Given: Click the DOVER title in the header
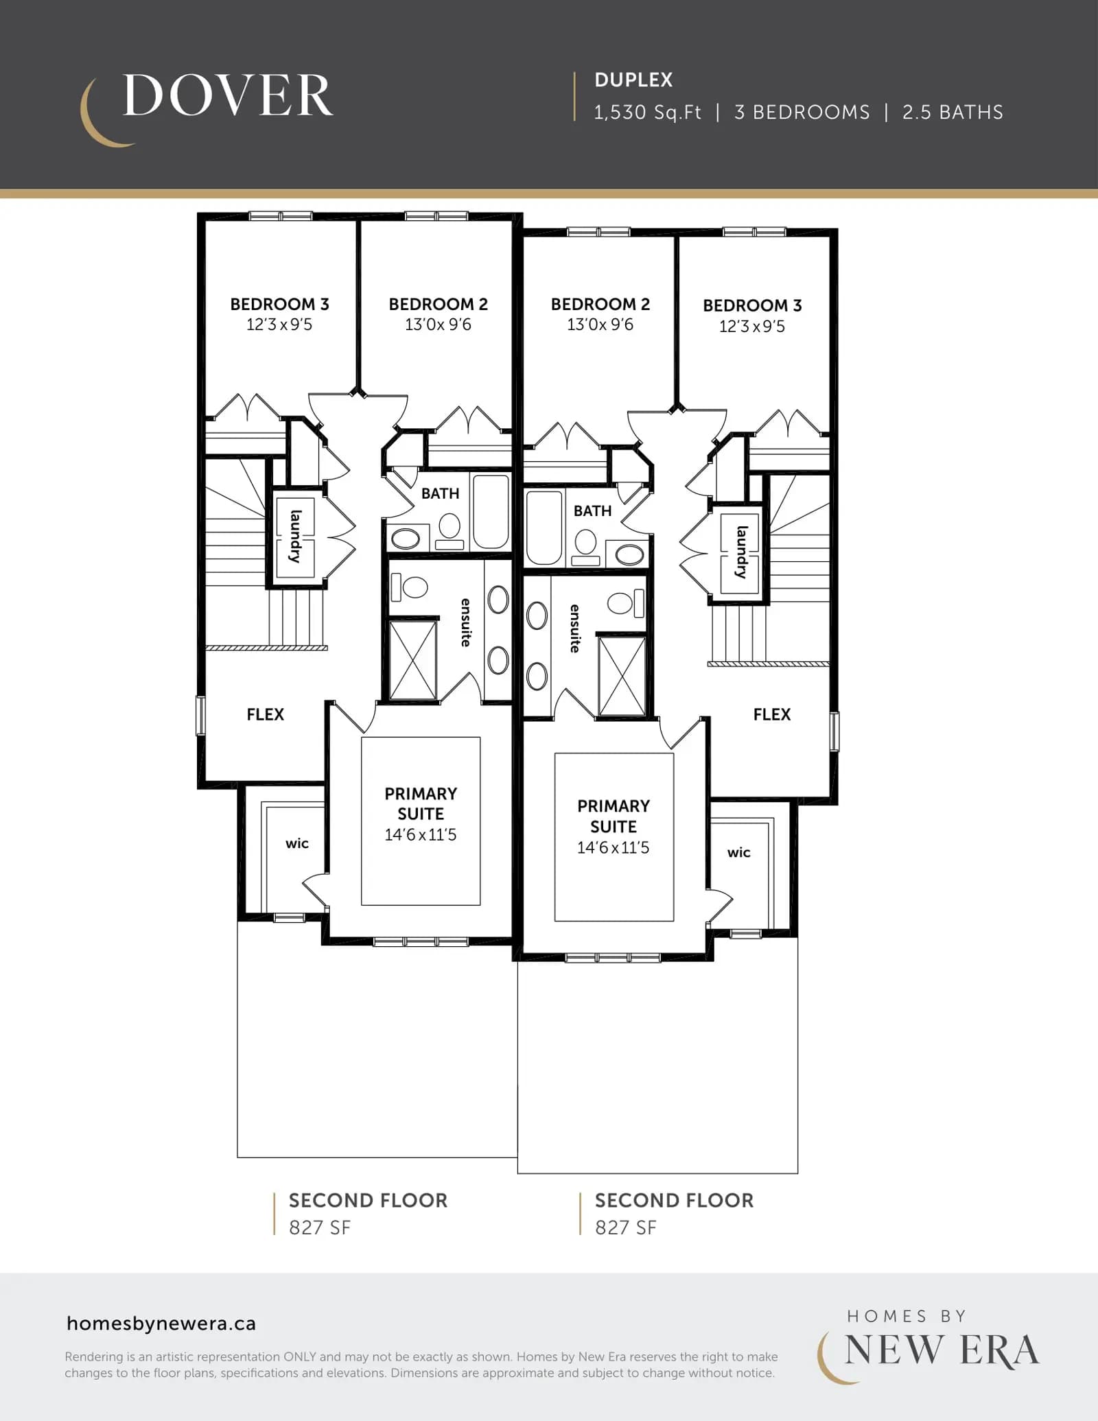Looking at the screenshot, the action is (228, 95).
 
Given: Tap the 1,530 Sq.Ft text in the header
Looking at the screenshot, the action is (647, 113).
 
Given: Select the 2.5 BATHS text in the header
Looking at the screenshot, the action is (953, 113).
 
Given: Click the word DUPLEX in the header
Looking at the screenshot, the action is (633, 80).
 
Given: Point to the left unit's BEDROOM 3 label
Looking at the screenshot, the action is (279, 304).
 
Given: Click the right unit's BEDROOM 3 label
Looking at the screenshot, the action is (752, 305).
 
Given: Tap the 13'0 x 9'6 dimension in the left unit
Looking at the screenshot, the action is (438, 325).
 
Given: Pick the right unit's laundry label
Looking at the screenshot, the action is (741, 552).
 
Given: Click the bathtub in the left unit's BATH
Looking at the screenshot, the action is (491, 512).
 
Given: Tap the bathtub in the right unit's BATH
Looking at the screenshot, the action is (544, 528).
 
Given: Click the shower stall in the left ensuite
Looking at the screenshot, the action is (412, 661).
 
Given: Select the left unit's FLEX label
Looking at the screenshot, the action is (265, 714).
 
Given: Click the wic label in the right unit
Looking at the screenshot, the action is (738, 853).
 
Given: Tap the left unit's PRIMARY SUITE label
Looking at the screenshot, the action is (421, 803).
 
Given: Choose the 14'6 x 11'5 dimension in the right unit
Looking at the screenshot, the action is (613, 848).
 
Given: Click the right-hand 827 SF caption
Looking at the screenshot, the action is (625, 1228).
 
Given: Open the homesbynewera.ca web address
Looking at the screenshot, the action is (161, 1324).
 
